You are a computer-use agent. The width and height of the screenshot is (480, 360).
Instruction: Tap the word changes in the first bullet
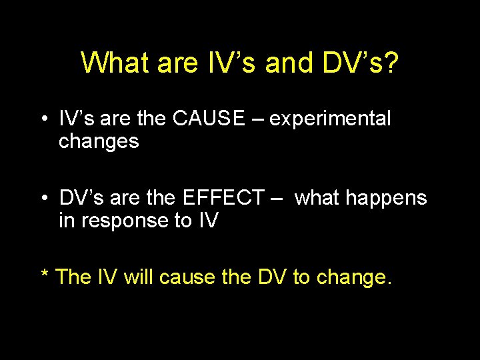(x=99, y=141)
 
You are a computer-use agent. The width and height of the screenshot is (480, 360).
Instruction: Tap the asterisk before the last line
(x=45, y=275)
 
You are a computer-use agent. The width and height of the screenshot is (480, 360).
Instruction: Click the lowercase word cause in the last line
(x=186, y=277)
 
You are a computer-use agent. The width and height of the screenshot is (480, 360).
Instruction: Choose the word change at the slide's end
(x=353, y=277)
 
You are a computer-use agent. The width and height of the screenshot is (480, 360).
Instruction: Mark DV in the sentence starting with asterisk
(x=271, y=277)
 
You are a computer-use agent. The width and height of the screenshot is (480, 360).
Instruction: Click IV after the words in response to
(x=208, y=220)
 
